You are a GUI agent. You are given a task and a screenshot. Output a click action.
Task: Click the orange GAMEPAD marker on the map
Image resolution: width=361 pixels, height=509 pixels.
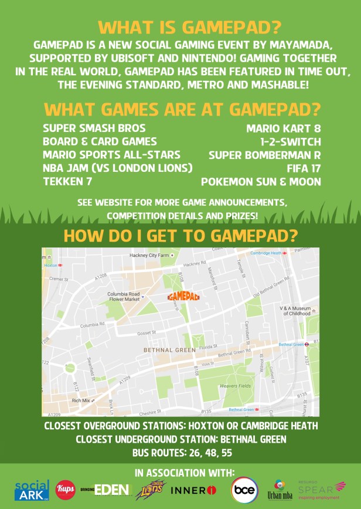tap(183, 296)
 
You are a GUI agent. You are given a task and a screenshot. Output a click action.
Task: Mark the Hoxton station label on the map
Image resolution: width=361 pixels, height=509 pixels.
tap(52, 265)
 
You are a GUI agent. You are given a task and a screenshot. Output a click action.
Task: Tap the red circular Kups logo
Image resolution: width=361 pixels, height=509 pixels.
tap(66, 490)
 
